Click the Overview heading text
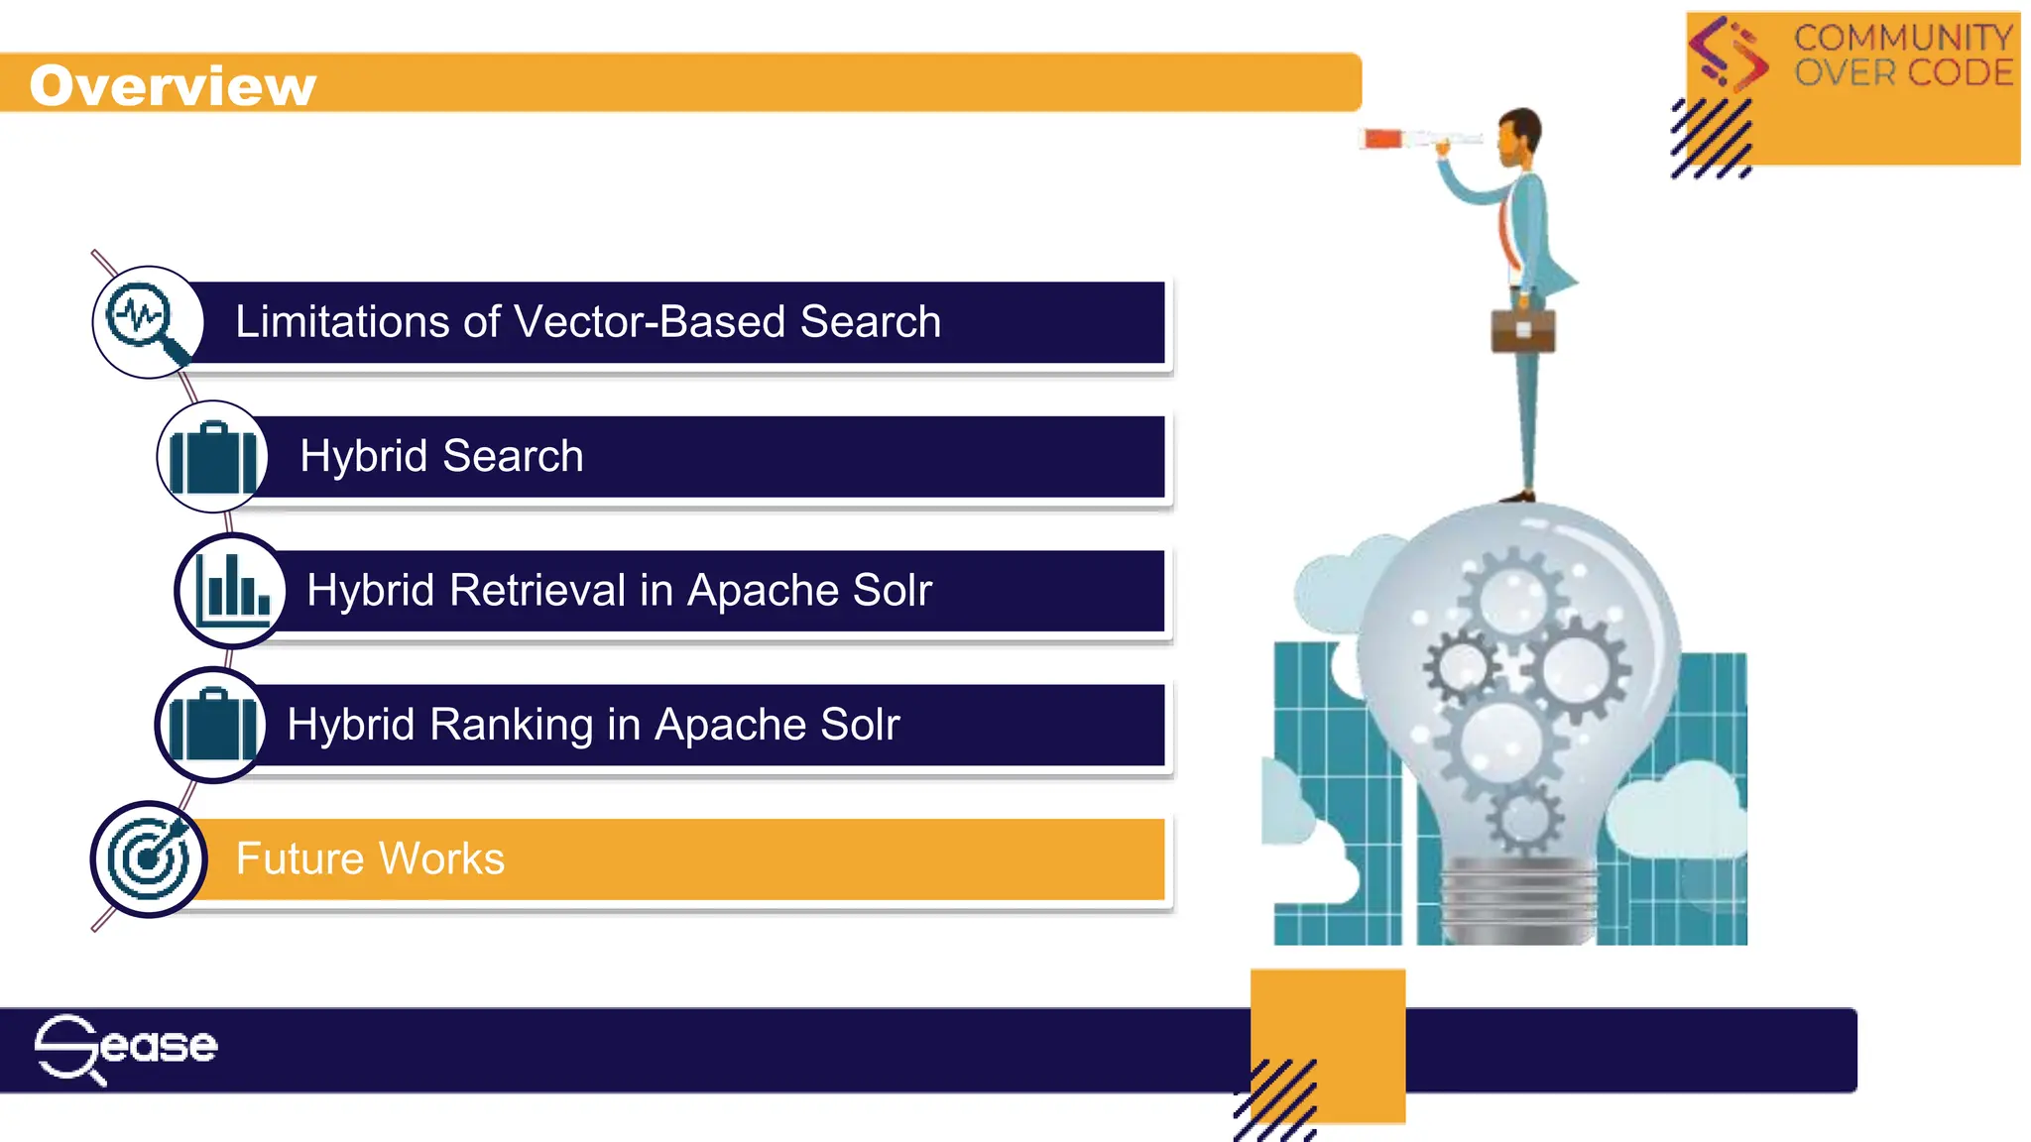(x=173, y=85)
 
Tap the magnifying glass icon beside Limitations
(x=148, y=322)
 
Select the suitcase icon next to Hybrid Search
(x=212, y=457)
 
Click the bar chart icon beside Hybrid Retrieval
(x=231, y=591)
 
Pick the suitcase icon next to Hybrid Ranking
(x=211, y=725)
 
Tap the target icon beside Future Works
(x=149, y=858)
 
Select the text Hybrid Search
(x=441, y=456)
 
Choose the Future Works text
(x=370, y=858)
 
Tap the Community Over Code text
(x=1902, y=56)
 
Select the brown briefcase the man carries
(x=1523, y=330)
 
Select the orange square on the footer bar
(x=1328, y=1041)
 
